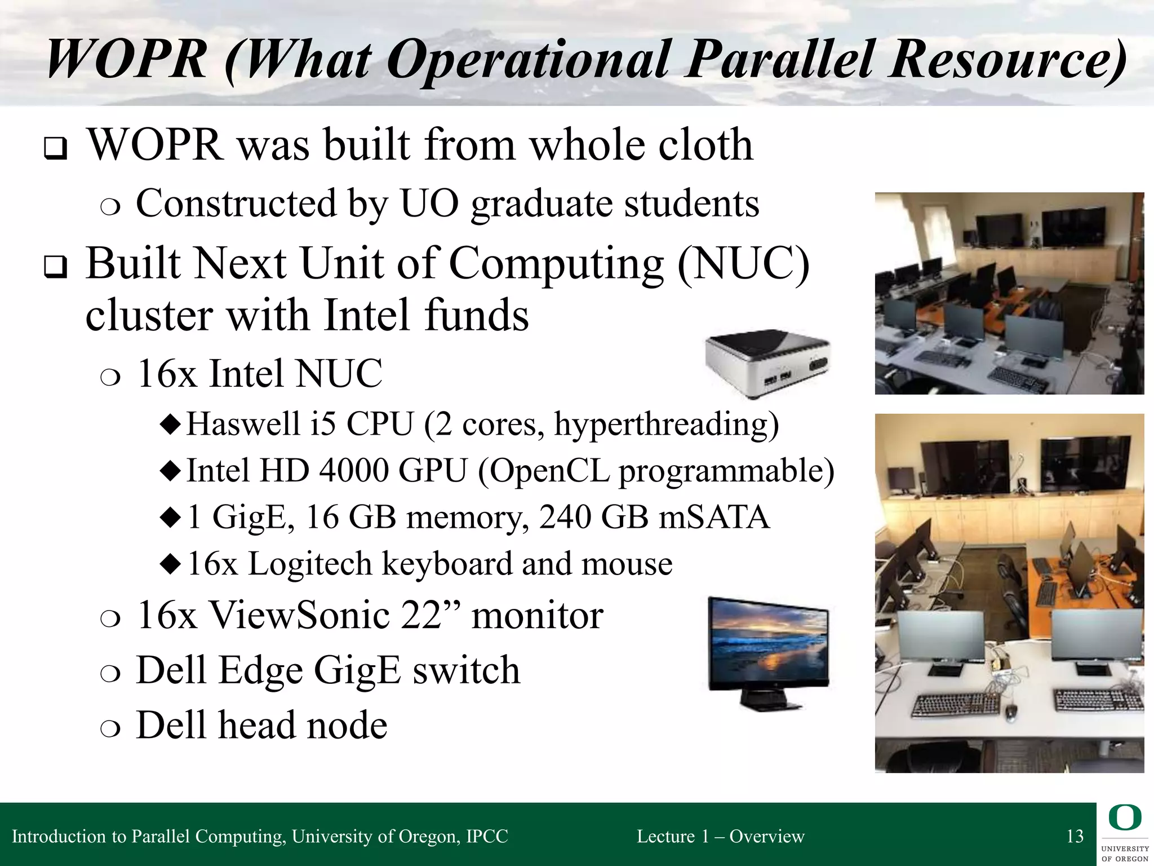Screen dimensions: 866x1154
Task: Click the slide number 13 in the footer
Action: pos(1075,836)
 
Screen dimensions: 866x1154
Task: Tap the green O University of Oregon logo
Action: pos(1124,819)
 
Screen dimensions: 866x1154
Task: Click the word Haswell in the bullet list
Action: pos(243,424)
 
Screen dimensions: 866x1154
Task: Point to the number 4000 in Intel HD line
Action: pos(353,470)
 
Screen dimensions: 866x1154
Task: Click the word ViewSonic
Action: pos(300,615)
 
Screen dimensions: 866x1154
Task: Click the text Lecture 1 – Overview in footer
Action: pos(720,836)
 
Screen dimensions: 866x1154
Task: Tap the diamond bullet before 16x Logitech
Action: pos(170,563)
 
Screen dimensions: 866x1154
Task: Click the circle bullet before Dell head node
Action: pos(110,728)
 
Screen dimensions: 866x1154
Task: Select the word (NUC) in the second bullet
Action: pos(743,264)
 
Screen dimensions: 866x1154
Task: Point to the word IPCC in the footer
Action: pos(487,836)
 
